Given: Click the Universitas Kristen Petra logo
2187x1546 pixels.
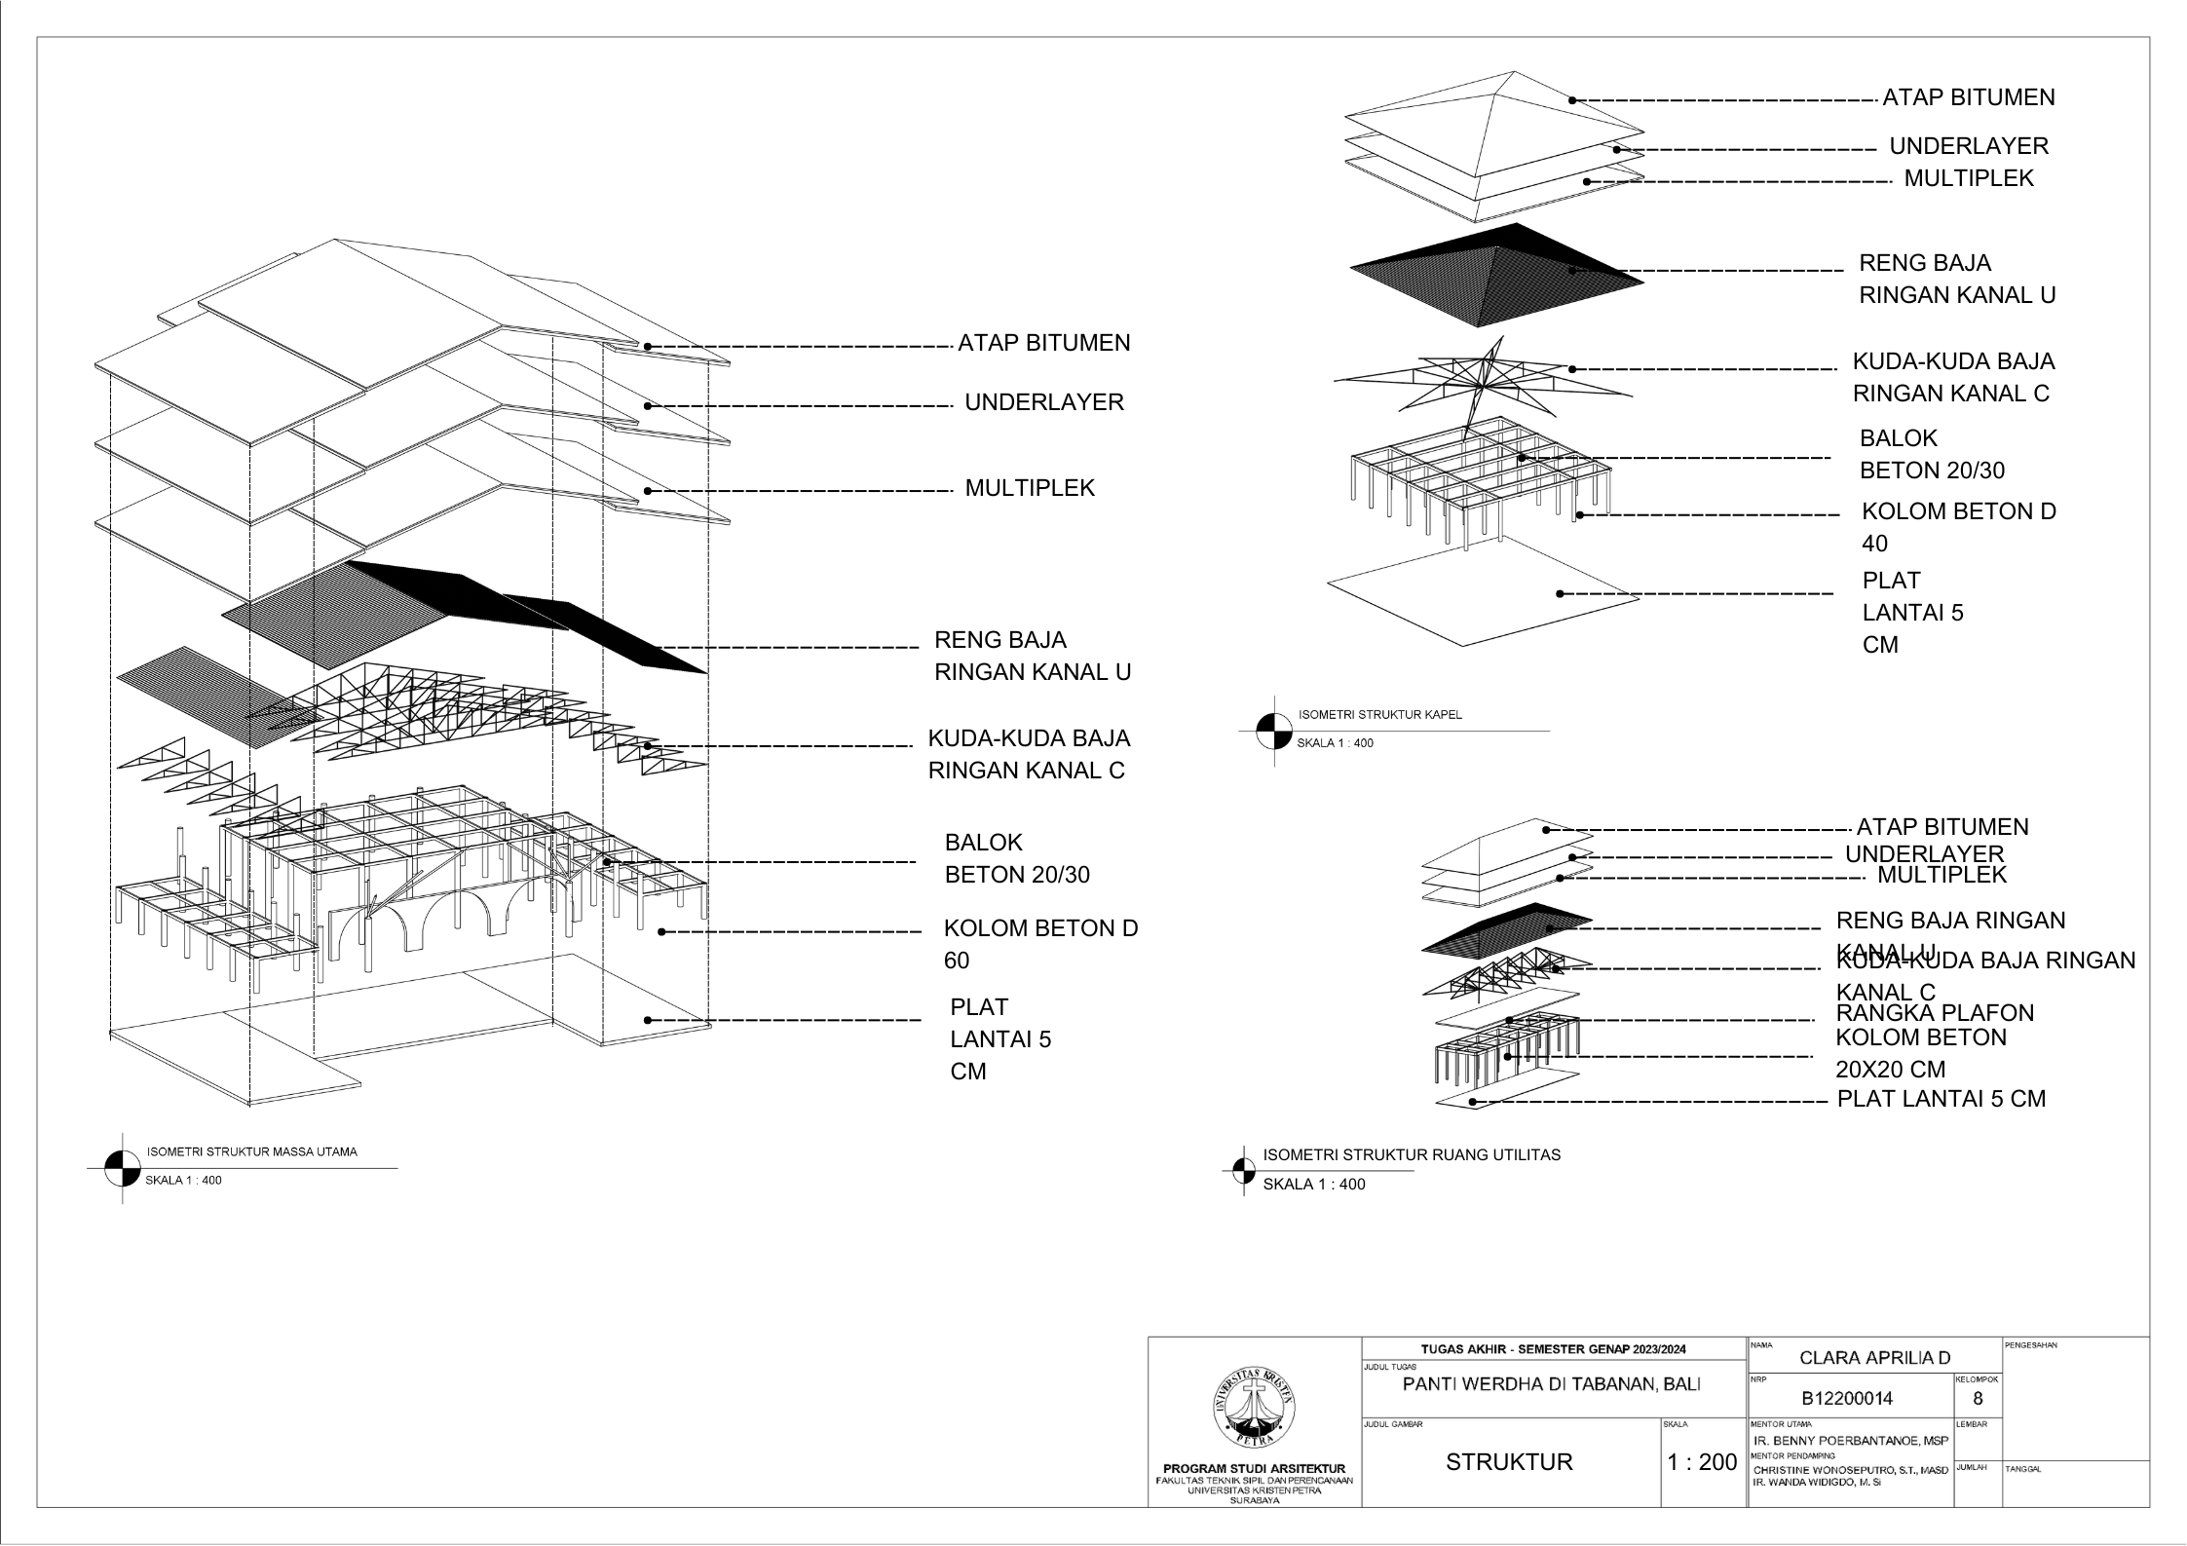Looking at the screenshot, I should [1254, 1408].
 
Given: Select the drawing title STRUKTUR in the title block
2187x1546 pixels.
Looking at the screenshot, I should [1509, 1461].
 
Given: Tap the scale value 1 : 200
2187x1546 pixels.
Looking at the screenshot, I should [1702, 1462].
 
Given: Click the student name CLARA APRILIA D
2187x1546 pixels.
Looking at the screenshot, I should [1875, 1358].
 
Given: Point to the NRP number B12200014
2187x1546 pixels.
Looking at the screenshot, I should [1847, 1399].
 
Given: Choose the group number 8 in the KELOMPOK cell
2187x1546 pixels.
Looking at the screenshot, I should [1977, 1399].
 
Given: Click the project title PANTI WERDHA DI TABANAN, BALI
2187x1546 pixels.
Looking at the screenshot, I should [1551, 1384].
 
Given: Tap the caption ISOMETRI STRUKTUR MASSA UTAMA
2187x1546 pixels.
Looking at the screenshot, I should [251, 1151].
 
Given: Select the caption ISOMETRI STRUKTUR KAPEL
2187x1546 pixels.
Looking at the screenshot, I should [1379, 714].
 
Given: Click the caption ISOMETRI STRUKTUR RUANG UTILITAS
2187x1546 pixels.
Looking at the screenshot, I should [1411, 1155].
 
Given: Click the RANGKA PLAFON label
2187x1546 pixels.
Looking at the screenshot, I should [1935, 1013].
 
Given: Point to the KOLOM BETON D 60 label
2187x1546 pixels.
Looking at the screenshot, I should [1039, 943].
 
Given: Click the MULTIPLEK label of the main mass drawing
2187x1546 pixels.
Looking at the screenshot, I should [1029, 488].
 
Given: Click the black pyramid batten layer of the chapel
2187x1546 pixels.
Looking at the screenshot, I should [1495, 275].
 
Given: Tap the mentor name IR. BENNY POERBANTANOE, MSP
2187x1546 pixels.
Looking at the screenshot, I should [1850, 1441].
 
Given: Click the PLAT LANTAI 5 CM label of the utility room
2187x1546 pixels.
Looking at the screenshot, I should [1941, 1099].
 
